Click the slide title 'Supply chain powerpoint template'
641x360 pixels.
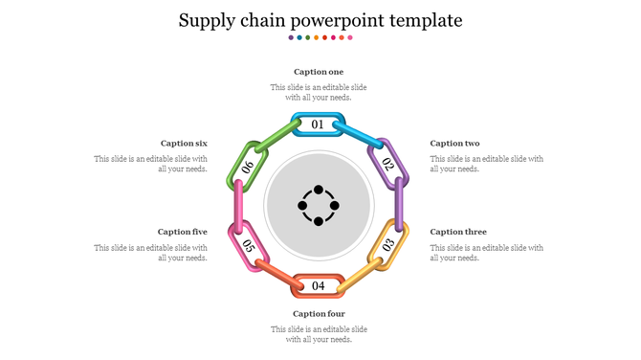pos(320,19)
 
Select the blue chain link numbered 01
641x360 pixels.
pos(319,124)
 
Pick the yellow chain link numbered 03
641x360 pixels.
pos(388,244)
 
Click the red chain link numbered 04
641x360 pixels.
pos(319,285)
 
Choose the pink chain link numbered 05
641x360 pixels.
pos(248,246)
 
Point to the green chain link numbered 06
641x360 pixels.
pos(248,166)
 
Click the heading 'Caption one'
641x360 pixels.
pos(319,72)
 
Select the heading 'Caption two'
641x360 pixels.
pos(454,144)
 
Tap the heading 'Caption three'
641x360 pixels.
pos(458,232)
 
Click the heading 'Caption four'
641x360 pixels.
pos(319,314)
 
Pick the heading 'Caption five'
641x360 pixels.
pos(182,232)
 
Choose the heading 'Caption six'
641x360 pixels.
pos(184,144)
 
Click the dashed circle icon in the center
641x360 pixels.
pos(319,205)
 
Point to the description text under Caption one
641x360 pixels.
pos(319,92)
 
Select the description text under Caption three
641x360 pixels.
pos(486,252)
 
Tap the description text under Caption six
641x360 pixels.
pos(151,164)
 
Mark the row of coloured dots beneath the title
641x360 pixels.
pos(320,37)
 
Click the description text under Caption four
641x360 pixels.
pos(319,334)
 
